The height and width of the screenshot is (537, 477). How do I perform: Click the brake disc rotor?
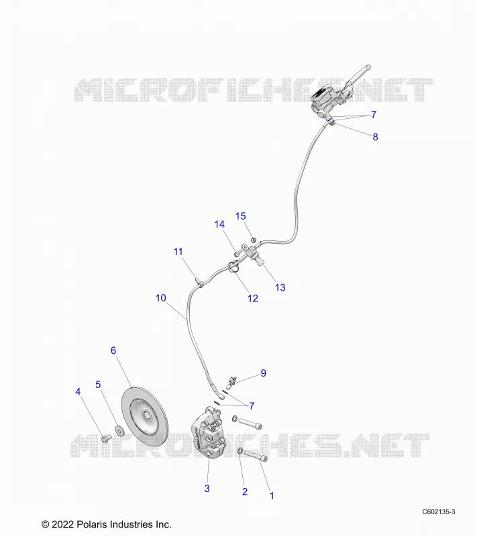pyautogui.click(x=145, y=416)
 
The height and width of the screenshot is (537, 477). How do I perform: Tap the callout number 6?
pyautogui.click(x=113, y=350)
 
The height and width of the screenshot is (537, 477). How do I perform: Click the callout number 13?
pyautogui.click(x=280, y=287)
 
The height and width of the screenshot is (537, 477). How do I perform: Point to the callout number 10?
pyautogui.click(x=161, y=298)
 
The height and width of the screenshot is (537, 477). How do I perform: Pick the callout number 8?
pyautogui.click(x=376, y=137)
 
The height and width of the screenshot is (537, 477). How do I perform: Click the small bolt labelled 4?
pyautogui.click(x=107, y=438)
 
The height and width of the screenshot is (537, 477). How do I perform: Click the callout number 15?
pyautogui.click(x=241, y=216)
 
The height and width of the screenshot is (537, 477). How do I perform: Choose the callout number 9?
pyautogui.click(x=263, y=373)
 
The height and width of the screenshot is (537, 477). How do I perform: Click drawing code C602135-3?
pyautogui.click(x=438, y=511)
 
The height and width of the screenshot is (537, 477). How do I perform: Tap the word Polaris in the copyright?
pyautogui.click(x=92, y=524)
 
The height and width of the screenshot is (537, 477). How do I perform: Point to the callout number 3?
pyautogui.click(x=207, y=489)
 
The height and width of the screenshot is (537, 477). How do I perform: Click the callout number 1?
pyautogui.click(x=272, y=495)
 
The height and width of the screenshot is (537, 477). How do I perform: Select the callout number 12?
pyautogui.click(x=253, y=298)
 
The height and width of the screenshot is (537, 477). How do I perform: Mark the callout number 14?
pyautogui.click(x=219, y=224)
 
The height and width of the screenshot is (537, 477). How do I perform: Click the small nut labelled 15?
pyautogui.click(x=254, y=240)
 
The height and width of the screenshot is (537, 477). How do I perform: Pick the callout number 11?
pyautogui.click(x=178, y=252)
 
